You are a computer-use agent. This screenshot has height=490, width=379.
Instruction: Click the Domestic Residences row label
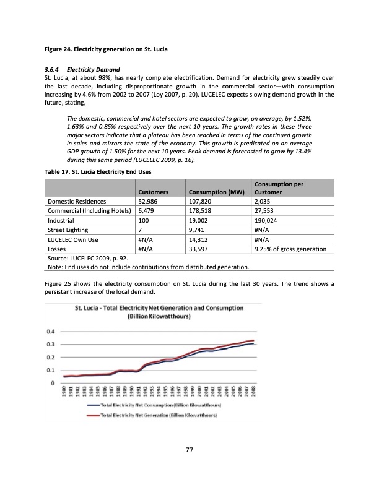coord(77,201)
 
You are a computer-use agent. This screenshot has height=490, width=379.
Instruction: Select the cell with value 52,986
coord(152,201)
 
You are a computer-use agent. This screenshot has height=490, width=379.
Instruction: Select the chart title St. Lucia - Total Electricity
coord(159,311)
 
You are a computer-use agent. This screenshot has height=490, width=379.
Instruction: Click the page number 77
coord(189,450)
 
